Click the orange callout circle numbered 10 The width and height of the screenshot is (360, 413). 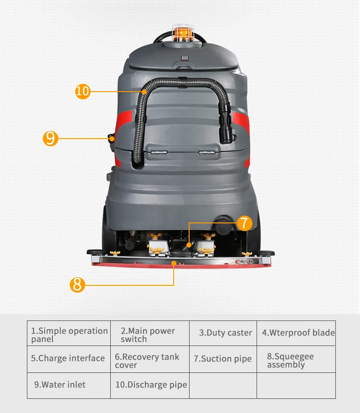[82, 92]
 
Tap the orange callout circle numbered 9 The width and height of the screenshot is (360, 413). [51, 138]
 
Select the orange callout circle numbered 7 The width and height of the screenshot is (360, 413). [244, 223]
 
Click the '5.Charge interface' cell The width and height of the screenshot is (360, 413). [68, 358]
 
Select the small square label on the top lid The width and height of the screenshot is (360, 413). [185, 58]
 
